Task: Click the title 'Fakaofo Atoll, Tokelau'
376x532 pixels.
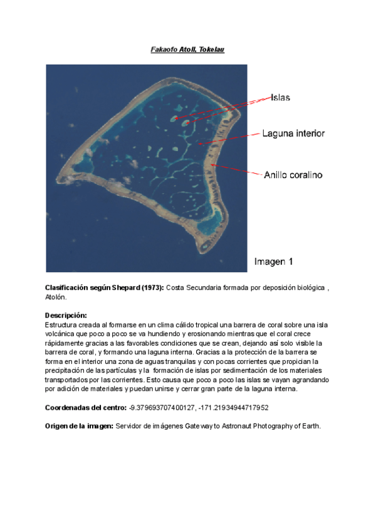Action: [187, 49]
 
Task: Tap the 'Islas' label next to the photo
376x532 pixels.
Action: [281, 98]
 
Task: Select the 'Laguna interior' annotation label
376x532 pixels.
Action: [293, 134]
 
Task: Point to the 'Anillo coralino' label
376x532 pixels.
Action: [292, 175]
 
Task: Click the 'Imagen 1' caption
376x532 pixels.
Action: [273, 260]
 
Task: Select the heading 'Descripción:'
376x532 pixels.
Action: [66, 315]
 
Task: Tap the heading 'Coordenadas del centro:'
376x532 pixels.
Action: [85, 408]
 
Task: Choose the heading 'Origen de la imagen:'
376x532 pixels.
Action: [78, 427]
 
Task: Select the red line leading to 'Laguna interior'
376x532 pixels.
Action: [229, 139]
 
